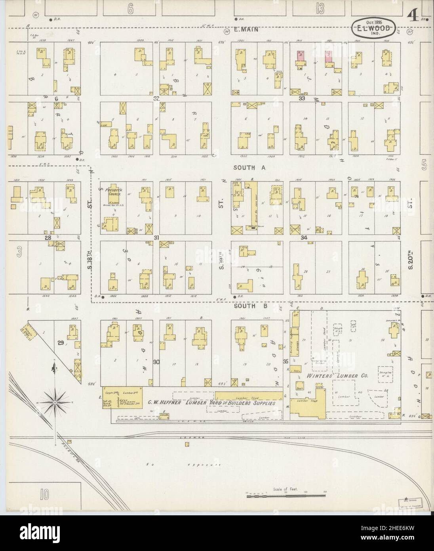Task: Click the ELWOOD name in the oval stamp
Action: click(x=375, y=29)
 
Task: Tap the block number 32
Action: click(x=156, y=98)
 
